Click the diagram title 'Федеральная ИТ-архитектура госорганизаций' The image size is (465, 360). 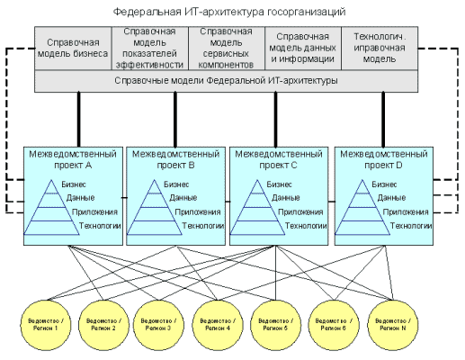click(x=232, y=11)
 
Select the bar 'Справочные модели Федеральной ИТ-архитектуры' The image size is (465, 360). click(x=227, y=82)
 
